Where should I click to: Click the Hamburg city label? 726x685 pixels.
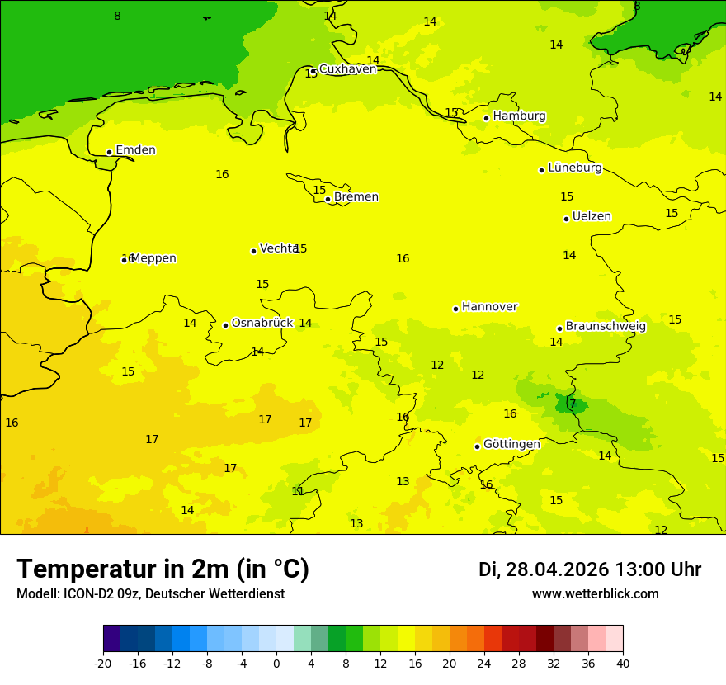pos(519,116)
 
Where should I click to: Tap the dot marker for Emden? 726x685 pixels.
pos(109,152)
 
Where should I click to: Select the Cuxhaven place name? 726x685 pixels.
pos(347,69)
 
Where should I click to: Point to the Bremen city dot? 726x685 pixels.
pos(328,199)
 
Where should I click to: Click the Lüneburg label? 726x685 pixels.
pos(574,168)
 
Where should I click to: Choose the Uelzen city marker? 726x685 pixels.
pos(566,219)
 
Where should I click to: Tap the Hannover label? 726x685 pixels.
pos(489,307)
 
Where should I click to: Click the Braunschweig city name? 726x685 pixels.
pos(606,327)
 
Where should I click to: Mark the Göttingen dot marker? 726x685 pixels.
pos(477,446)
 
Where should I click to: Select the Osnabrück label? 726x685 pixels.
pos(262,324)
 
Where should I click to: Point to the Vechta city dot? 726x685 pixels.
pos(253,251)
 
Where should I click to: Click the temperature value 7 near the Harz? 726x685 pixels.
pos(573,404)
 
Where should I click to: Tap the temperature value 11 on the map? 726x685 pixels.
pos(298,491)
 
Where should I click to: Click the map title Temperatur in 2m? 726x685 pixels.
pos(163,569)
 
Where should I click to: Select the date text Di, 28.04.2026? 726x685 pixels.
pos(543,570)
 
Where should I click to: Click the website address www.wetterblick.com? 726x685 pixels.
pos(595,594)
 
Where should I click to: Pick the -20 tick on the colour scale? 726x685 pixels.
pos(103,663)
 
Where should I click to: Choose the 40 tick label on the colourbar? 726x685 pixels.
pos(622,663)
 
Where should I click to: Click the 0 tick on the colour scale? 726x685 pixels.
pos(276,663)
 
